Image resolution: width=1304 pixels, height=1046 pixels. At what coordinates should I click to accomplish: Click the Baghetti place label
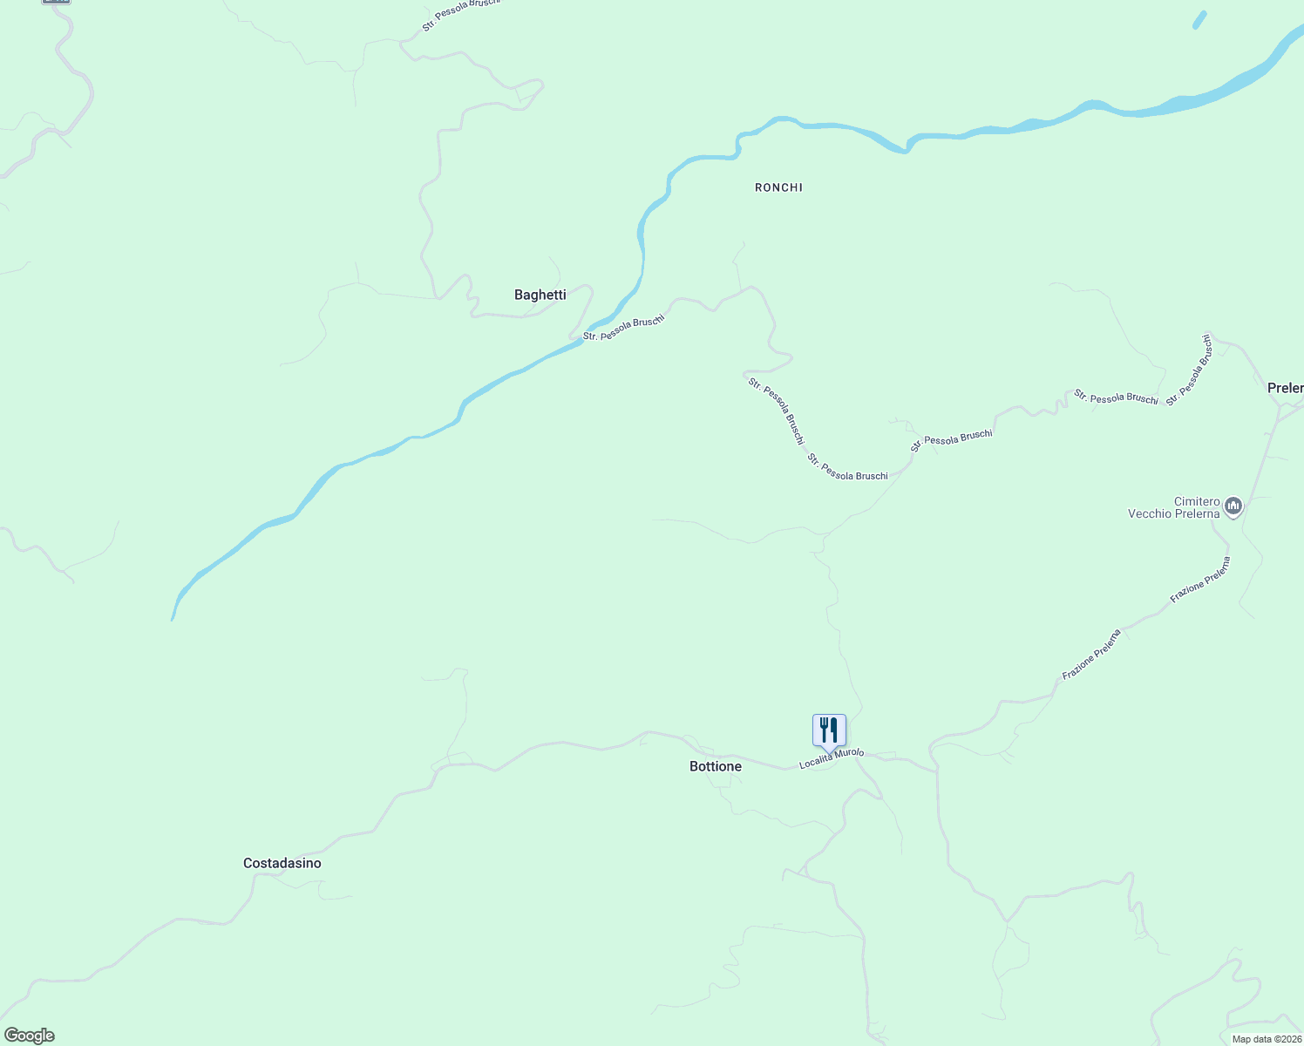pyautogui.click(x=540, y=295)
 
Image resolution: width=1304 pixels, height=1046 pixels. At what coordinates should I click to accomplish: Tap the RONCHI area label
pyautogui.click(x=778, y=187)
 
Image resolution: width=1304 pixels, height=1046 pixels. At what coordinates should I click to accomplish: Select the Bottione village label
pyautogui.click(x=715, y=766)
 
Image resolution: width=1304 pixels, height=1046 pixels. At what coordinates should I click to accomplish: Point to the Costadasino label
pyautogui.click(x=282, y=863)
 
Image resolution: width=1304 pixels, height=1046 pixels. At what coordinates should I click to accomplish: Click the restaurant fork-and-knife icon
pyautogui.click(x=829, y=730)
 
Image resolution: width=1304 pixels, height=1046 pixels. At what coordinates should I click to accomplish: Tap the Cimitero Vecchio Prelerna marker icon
pyautogui.click(x=1233, y=506)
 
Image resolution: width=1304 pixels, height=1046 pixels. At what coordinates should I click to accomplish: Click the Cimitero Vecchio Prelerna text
pyautogui.click(x=1174, y=507)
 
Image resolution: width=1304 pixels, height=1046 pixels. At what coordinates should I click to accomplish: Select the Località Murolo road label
pyautogui.click(x=832, y=758)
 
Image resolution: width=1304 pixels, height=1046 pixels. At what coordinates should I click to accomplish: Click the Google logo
pyautogui.click(x=29, y=1036)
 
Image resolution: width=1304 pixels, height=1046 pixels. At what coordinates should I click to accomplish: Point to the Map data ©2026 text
pyautogui.click(x=1267, y=1039)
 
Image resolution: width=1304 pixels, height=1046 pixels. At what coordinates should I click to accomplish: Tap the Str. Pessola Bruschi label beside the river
pyautogui.click(x=623, y=328)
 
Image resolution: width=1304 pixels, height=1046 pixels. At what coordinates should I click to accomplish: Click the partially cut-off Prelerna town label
pyautogui.click(x=1286, y=388)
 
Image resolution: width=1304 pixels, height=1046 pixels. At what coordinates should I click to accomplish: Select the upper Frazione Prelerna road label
pyautogui.click(x=1200, y=580)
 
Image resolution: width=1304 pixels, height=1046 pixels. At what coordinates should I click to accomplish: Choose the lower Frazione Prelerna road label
pyautogui.click(x=1091, y=654)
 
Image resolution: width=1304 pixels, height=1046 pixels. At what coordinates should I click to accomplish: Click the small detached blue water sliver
pyautogui.click(x=1199, y=20)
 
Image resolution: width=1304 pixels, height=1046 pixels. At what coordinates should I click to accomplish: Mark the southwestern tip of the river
pyautogui.click(x=173, y=618)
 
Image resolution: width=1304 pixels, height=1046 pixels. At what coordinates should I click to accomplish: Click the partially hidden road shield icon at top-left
pyautogui.click(x=56, y=2)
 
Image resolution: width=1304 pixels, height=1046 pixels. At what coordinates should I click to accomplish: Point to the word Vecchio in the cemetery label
pyautogui.click(x=1151, y=514)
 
